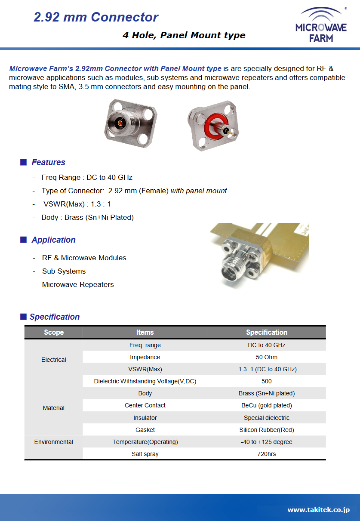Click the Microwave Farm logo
tap(320, 25)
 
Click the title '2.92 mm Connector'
tap(96, 17)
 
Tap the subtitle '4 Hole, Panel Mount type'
tap(184, 35)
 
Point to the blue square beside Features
tap(24, 162)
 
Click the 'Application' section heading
tap(53, 240)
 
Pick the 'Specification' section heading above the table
tap(54, 317)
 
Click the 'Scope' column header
tap(54, 332)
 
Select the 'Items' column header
tap(145, 332)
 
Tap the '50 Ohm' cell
tap(266, 357)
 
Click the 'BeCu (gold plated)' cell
tap(266, 405)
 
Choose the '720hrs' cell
tap(266, 454)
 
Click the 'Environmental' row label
tap(54, 442)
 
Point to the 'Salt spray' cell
tap(145, 454)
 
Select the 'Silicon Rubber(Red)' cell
tap(266, 430)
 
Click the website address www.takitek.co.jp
tap(318, 510)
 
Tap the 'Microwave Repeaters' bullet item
tap(78, 284)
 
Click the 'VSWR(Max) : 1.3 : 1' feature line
tap(77, 204)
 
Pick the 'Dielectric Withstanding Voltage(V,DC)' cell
tap(145, 381)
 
